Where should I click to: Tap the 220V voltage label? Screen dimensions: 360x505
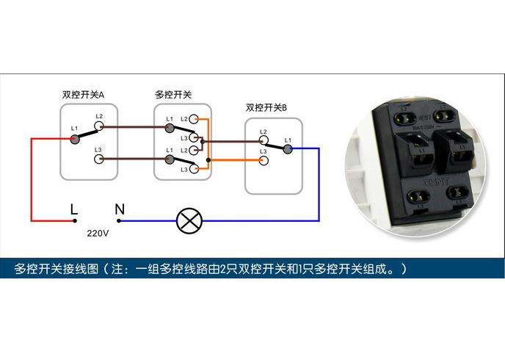coord(98,234)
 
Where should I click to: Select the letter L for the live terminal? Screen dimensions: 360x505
coord(73,210)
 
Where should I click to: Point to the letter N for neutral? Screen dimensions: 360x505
coord(119,210)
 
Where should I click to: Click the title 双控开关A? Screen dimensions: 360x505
coord(83,96)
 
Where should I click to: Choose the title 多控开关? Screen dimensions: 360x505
coord(173,96)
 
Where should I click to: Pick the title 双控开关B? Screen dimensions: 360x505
coord(266,108)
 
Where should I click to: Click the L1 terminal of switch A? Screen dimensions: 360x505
coord(75,138)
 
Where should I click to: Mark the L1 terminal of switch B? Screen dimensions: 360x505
coord(288,148)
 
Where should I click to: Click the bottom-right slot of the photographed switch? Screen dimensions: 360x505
coord(452,195)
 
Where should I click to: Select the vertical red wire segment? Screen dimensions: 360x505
coord(32,179)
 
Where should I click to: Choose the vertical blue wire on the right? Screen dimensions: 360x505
coord(318,184)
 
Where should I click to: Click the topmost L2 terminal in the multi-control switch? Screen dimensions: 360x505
coord(195,119)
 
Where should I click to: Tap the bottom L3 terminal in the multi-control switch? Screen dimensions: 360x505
coord(195,170)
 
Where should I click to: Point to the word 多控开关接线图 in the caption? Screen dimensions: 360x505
coord(58,269)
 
